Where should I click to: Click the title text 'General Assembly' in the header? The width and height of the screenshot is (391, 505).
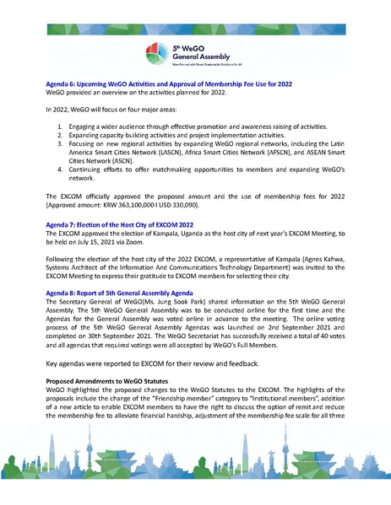201,57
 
